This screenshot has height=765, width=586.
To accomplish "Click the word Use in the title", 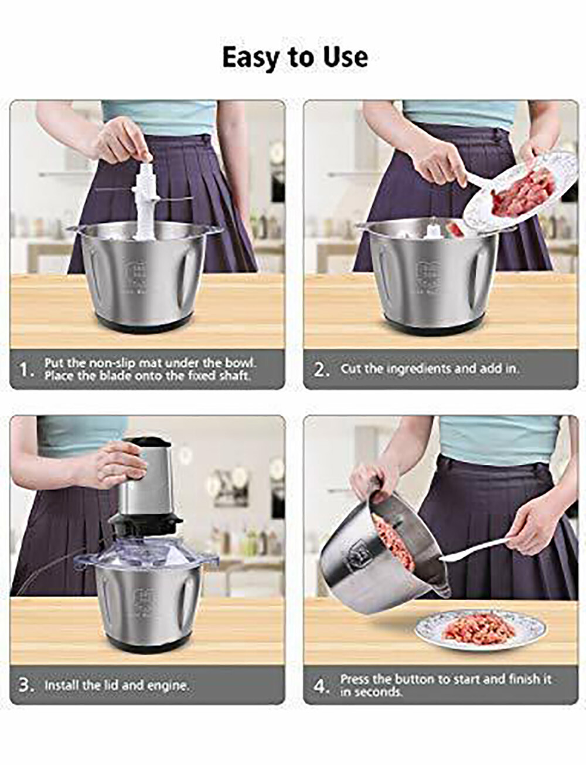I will pyautogui.click(x=346, y=57).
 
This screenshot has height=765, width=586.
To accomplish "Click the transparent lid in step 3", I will pyautogui.click(x=146, y=551).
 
